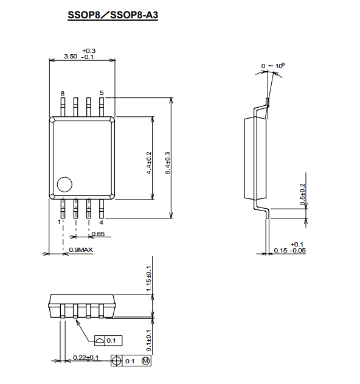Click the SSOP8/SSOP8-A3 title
tap(113, 15)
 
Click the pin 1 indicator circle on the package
tap(64, 184)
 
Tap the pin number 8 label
tap(63, 93)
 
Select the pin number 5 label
tap(102, 93)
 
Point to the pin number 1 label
tap(59, 222)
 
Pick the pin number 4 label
tap(102, 222)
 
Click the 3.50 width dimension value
tap(71, 57)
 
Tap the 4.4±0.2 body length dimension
tap(149, 163)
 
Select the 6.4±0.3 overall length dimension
tap(167, 163)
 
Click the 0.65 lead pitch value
tap(98, 234)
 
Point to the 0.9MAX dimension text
tap(81, 250)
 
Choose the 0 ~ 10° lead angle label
tap(273, 66)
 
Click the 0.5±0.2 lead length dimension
tap(302, 194)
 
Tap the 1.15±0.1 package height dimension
tap(148, 279)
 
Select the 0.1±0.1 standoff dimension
tap(148, 340)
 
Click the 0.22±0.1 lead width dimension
tap(86, 358)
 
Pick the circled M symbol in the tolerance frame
tap(145, 361)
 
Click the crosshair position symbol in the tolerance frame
tap(116, 361)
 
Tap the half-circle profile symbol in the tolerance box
tap(100, 340)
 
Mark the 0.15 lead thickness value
tap(280, 251)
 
